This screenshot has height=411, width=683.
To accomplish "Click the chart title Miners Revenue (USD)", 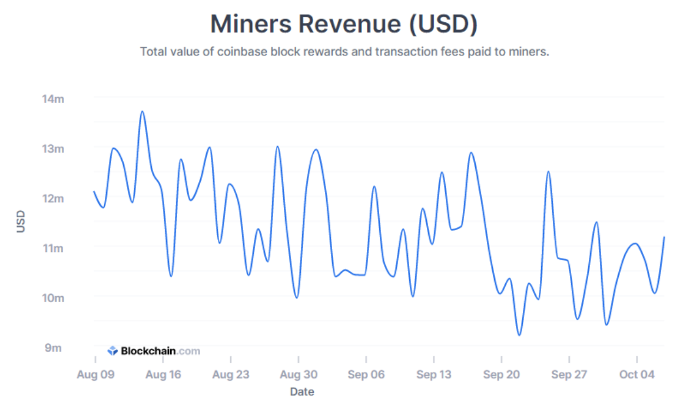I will (344, 25).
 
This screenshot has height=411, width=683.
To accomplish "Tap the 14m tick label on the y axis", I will (52, 99).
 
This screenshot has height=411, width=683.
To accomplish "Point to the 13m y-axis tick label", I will (52, 148).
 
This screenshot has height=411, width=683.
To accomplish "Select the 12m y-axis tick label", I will (52, 198).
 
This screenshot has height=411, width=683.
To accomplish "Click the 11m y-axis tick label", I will (52, 248).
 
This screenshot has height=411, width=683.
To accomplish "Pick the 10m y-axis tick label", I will (52, 298).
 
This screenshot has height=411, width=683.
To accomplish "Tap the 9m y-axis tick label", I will (54, 347).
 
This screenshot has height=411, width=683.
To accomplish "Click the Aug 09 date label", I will (95, 374).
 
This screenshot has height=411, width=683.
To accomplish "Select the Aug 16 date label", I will (163, 374).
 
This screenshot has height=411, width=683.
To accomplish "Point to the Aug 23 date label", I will (231, 374).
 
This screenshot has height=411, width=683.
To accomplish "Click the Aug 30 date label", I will (299, 374).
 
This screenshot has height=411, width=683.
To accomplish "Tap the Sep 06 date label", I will (366, 374).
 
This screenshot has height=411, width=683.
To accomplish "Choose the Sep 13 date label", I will (434, 374).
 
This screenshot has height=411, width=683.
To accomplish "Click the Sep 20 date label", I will (502, 374).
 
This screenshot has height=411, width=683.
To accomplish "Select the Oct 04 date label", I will (637, 374).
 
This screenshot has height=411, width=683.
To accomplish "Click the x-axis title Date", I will (302, 392).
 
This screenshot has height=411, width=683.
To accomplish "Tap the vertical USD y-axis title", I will (21, 223).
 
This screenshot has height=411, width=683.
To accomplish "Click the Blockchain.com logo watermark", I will (154, 351).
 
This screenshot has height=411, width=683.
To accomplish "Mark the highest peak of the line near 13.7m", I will (142, 111).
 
